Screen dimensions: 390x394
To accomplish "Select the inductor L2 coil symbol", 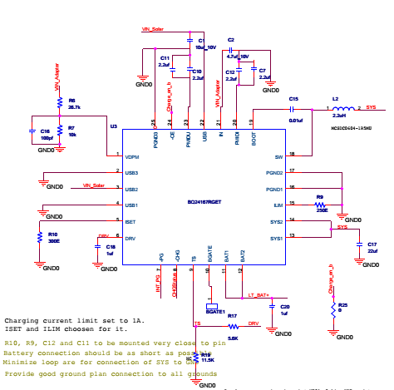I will (342, 108).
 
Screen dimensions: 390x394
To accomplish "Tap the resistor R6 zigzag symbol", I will (60, 103).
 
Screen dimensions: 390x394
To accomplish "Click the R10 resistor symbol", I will (39, 236).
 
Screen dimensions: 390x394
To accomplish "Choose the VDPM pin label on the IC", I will (131, 157).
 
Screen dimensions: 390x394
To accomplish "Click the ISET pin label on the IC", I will (131, 221).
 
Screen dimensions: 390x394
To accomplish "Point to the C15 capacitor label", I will (293, 99).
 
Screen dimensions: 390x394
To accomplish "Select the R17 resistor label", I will (232, 316).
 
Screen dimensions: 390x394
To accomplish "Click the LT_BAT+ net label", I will (259, 295).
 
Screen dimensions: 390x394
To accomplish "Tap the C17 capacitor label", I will (360, 244).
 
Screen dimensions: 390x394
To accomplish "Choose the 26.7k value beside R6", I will (74, 107).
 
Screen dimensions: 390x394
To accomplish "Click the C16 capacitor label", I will (45, 131).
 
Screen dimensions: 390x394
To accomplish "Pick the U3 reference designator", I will (113, 126).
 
